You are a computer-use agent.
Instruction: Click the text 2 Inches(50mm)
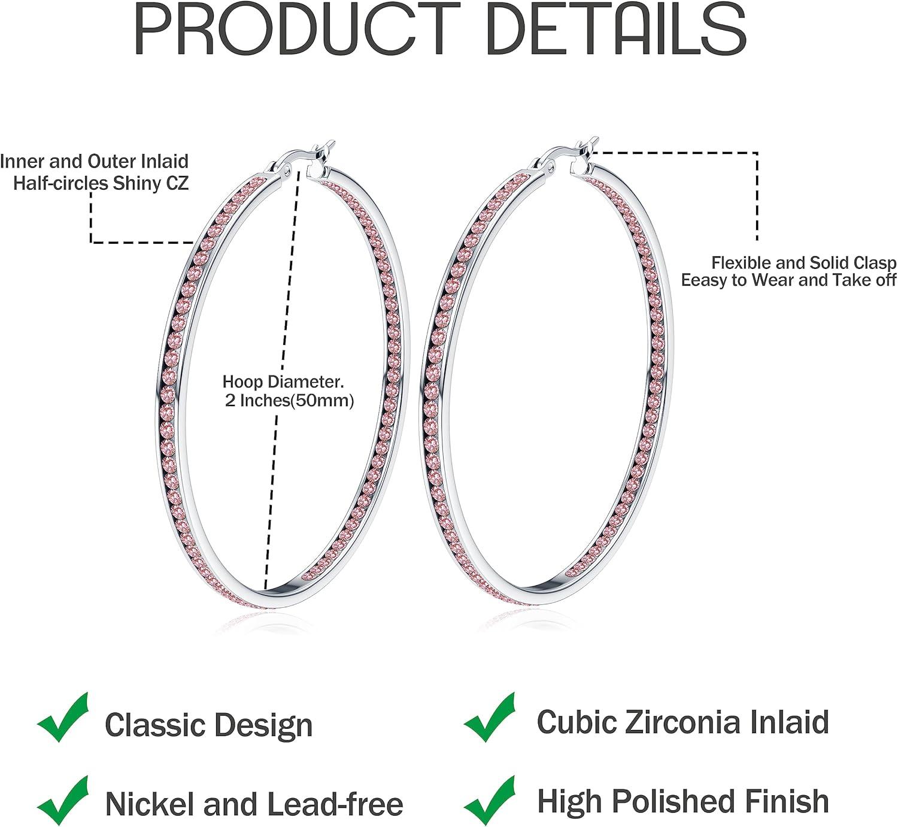tap(289, 401)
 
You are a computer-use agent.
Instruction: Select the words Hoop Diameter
tap(283, 381)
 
